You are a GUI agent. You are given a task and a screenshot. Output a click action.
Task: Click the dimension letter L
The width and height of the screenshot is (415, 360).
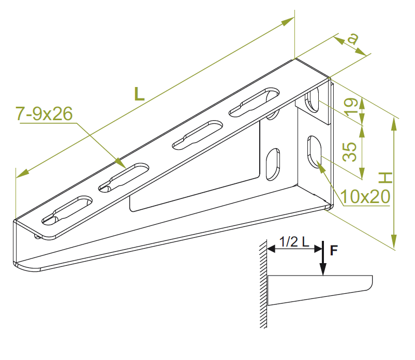coord(139,94)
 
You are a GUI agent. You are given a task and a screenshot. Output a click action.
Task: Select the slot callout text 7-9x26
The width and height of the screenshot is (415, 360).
coord(44,113)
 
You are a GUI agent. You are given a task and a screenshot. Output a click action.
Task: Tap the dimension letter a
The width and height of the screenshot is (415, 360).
coord(353,39)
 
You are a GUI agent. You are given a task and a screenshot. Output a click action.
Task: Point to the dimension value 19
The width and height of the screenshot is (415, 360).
coord(351,107)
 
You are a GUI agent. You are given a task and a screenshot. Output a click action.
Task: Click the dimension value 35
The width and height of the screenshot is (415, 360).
coord(350,152)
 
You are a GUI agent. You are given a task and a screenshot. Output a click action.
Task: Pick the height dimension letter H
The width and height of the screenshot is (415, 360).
coord(385,178)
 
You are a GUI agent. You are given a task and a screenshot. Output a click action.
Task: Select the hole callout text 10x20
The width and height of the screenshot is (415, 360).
coord(365,196)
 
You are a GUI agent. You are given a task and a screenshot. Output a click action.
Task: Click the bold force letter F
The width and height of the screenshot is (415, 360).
coord(334,250)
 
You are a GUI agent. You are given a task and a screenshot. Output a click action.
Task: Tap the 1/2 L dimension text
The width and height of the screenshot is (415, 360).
coord(294,241)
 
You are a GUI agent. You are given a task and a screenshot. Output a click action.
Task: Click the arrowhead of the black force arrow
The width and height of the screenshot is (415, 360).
coord(323,270)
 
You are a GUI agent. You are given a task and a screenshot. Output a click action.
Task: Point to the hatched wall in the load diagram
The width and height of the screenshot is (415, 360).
coord(263,284)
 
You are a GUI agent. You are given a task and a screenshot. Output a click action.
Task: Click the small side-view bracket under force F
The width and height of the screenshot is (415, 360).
coord(320,290)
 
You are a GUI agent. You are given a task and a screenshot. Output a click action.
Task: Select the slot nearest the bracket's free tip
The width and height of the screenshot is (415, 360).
coord(67,210)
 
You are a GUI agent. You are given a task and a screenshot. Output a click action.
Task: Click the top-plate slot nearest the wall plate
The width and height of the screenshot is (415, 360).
coord(254,102)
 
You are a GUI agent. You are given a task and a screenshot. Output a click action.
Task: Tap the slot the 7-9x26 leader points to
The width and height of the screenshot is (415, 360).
coord(124,178)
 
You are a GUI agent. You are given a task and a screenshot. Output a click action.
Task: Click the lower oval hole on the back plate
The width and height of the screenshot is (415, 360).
coord(314,152)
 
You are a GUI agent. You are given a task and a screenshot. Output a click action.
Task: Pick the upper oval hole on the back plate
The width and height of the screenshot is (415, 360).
coord(313,100)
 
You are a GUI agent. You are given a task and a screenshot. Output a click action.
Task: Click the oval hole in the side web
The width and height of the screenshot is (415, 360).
coord(273,164)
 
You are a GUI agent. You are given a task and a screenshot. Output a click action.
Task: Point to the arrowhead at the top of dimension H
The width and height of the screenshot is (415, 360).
coord(394,124)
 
